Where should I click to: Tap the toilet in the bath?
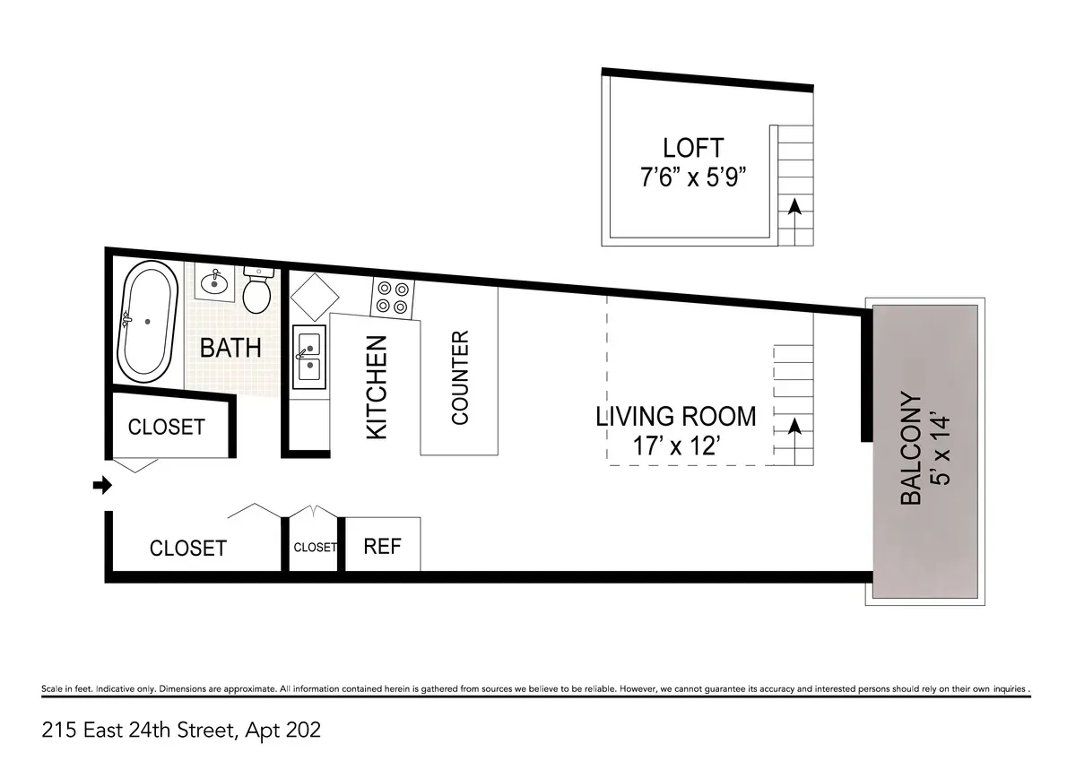(x=256, y=290)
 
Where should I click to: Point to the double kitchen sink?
(x=309, y=355)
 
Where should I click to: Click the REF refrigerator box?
(x=382, y=545)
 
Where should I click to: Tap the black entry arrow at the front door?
(x=102, y=485)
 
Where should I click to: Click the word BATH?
(x=230, y=348)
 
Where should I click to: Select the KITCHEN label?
(x=377, y=387)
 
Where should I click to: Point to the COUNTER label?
(x=459, y=377)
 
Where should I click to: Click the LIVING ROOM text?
(x=676, y=417)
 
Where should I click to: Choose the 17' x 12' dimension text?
(x=676, y=445)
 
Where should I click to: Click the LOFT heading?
(x=692, y=147)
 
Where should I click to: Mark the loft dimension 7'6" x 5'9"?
(x=692, y=177)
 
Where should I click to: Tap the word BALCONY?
(x=911, y=448)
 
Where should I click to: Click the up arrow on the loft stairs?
(x=794, y=208)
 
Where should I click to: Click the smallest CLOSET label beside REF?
(x=315, y=547)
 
